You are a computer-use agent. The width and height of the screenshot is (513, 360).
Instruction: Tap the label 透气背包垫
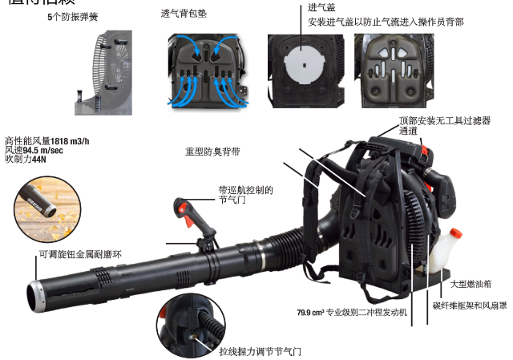tap(183, 14)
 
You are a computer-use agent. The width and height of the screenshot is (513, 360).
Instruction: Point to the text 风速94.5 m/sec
tap(34, 149)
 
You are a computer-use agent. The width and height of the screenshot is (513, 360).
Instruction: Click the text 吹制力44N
tap(26, 159)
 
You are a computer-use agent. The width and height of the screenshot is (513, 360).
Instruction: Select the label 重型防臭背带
tap(212, 151)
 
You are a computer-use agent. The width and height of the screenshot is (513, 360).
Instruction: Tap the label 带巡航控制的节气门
tap(245, 196)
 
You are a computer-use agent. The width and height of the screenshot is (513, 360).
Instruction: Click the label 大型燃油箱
tap(471, 283)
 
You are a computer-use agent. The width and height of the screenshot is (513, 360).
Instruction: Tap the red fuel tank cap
tap(454, 235)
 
